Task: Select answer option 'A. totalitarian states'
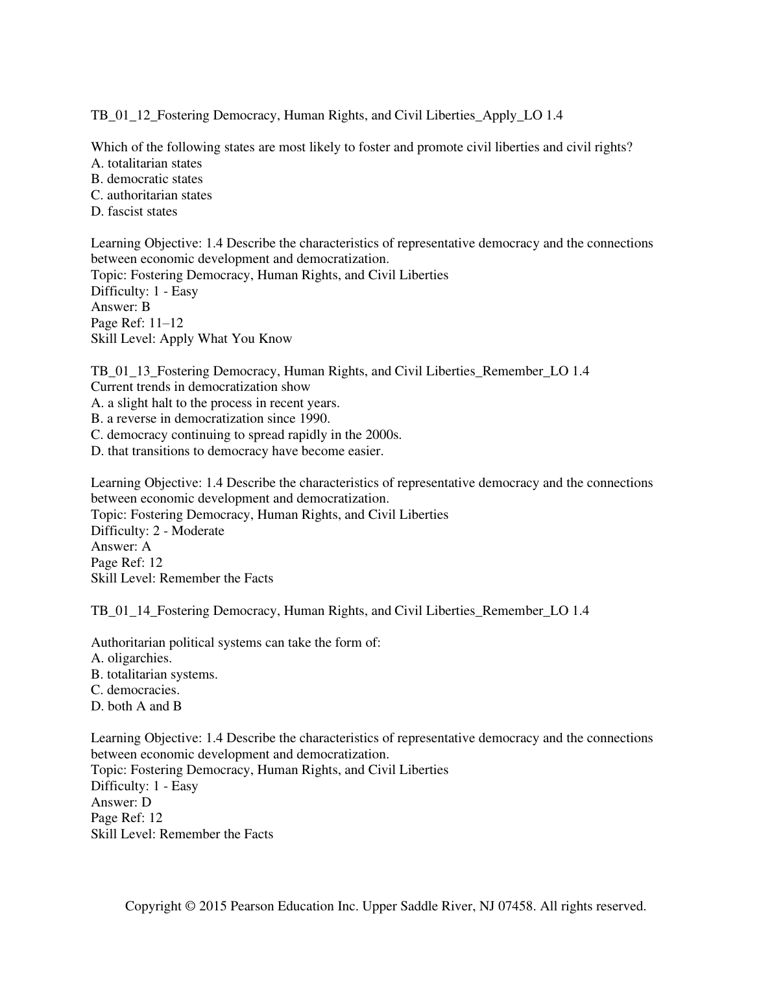(x=146, y=164)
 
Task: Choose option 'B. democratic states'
(x=147, y=179)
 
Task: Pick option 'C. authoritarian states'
(x=151, y=195)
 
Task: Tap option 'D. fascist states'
(x=134, y=212)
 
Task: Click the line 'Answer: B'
(x=120, y=307)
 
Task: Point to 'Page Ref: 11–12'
(x=137, y=323)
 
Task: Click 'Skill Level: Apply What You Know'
(x=191, y=339)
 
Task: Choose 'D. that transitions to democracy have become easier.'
(x=237, y=451)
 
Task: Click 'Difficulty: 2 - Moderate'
(x=157, y=531)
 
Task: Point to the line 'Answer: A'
(x=121, y=547)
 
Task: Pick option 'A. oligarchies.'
(x=131, y=658)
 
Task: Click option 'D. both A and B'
(x=136, y=706)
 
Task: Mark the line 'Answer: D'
(x=121, y=802)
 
